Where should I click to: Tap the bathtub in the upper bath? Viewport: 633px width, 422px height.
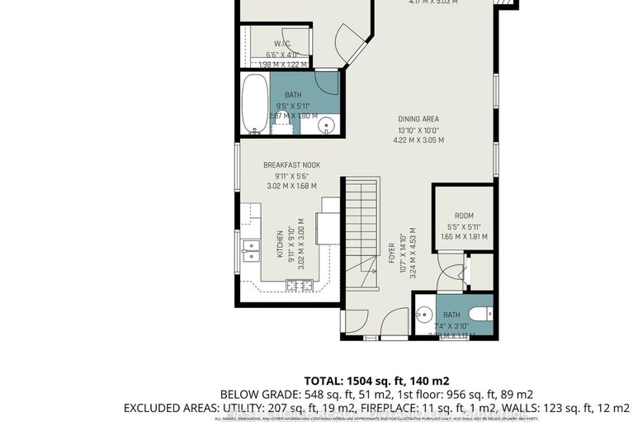click(254, 104)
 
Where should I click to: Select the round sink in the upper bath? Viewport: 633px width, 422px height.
click(326, 126)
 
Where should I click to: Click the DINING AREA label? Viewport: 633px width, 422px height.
click(418, 118)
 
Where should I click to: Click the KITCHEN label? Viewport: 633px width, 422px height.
click(281, 245)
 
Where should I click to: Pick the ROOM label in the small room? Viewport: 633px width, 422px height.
click(464, 216)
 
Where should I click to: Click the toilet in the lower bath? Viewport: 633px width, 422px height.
click(482, 314)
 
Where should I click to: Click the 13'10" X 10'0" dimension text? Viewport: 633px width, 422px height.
click(418, 129)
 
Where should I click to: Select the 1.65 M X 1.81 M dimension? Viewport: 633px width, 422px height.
click(464, 236)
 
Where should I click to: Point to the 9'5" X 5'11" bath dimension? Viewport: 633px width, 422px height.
click(291, 106)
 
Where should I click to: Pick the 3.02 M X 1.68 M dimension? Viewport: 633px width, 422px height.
click(291, 186)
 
